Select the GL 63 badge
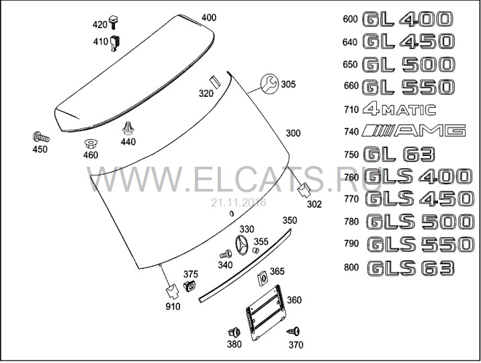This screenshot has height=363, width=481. click(x=399, y=154)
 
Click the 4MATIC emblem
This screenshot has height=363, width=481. click(x=399, y=110)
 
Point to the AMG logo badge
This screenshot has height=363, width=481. click(x=414, y=130)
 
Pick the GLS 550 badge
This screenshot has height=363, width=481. click(x=421, y=244)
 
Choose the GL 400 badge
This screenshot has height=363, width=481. click(x=407, y=19)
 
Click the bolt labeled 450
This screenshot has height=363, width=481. click(x=41, y=137)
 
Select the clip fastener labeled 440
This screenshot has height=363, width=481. click(x=128, y=128)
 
